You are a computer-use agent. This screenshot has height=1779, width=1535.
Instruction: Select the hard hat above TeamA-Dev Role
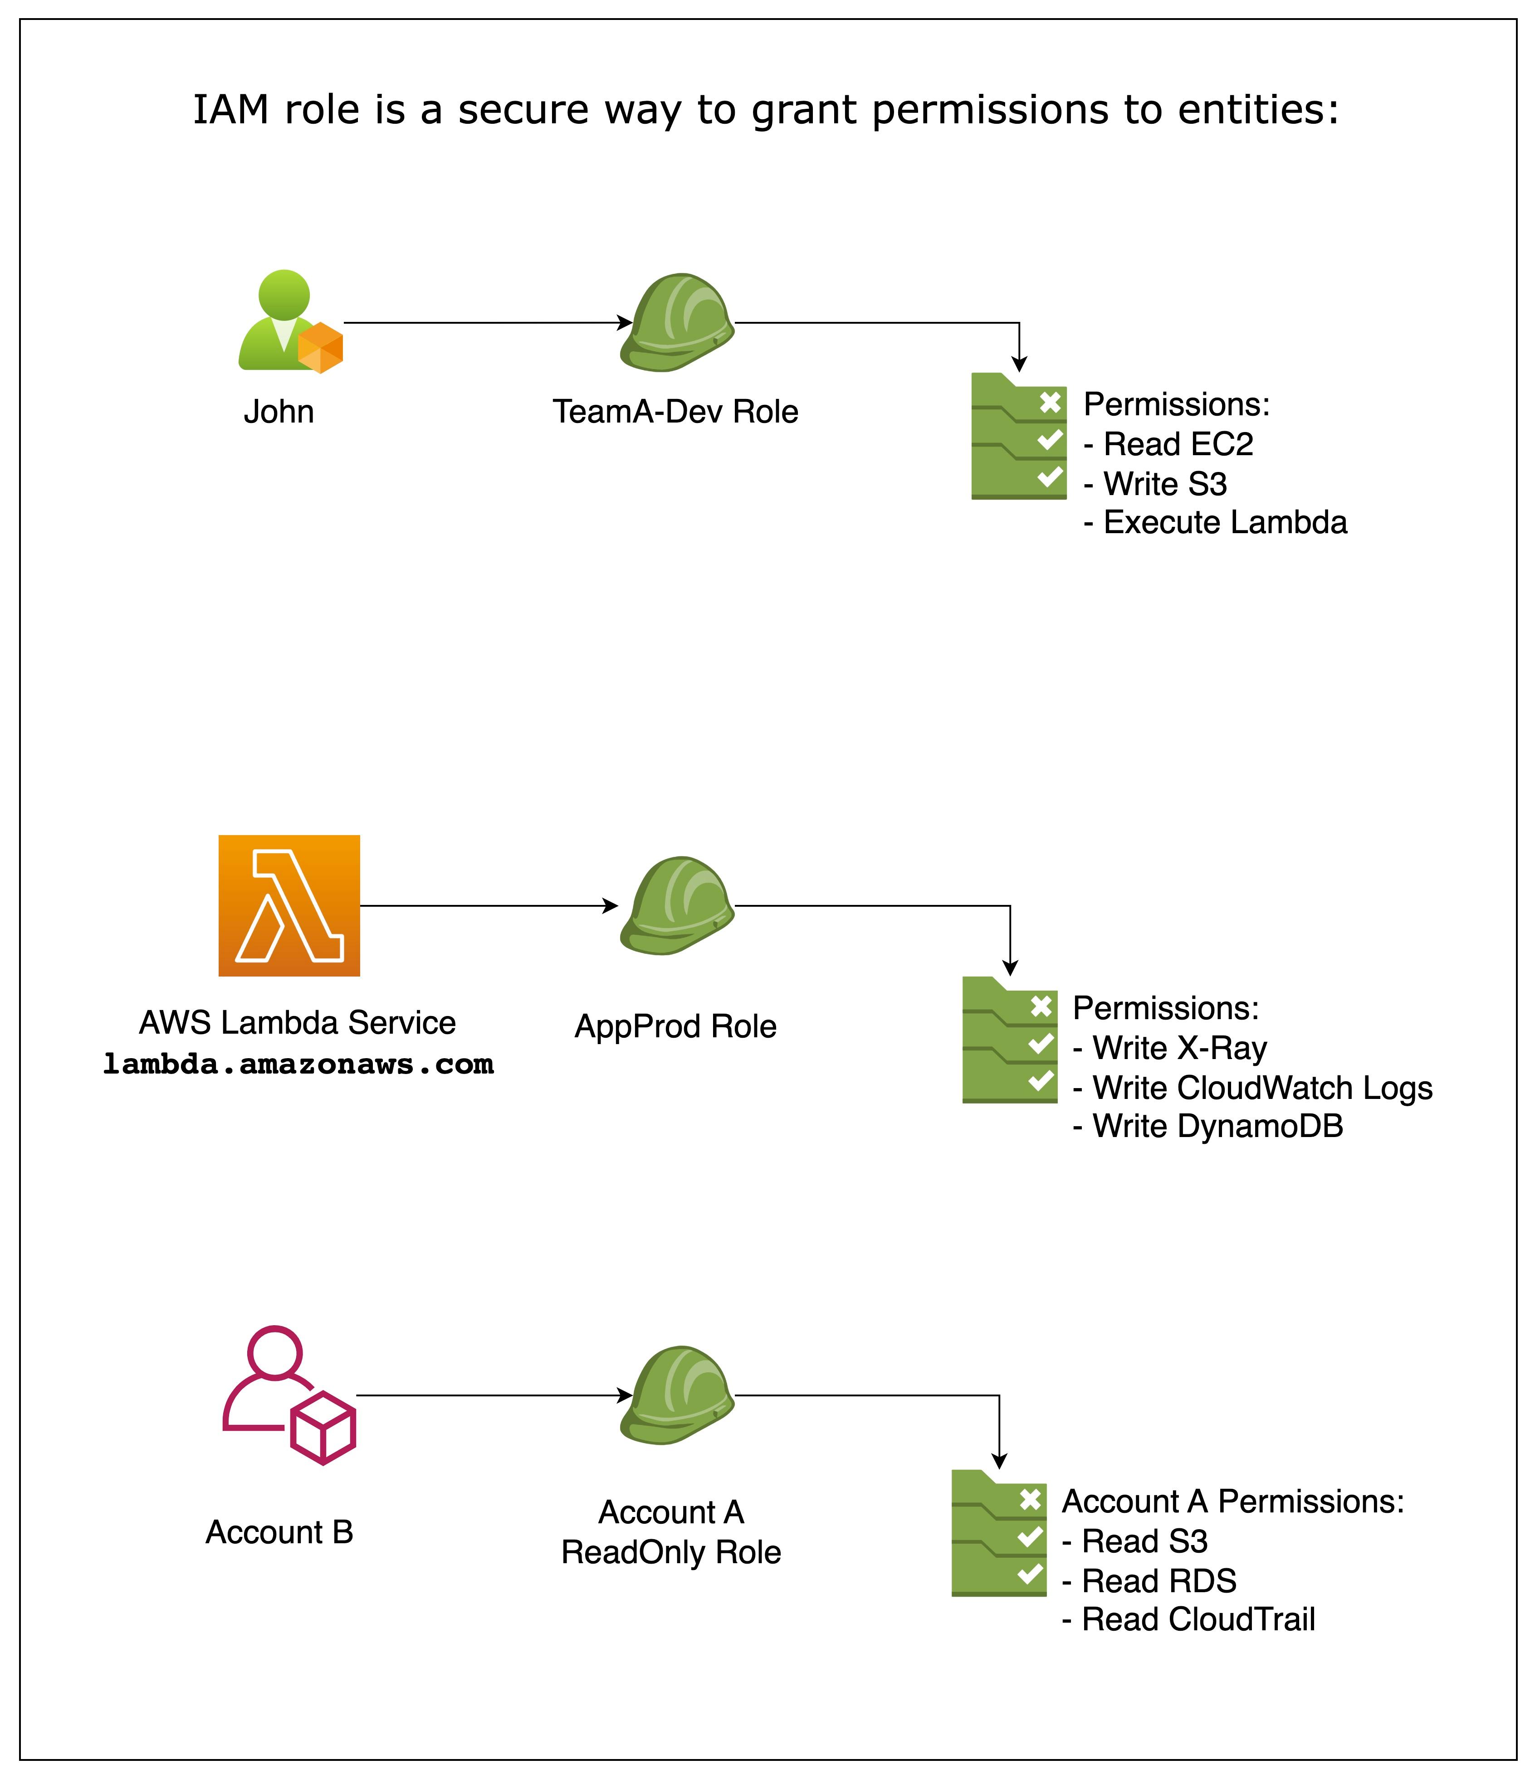tap(677, 323)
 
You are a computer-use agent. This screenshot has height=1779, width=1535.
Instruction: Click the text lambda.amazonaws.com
tap(298, 1064)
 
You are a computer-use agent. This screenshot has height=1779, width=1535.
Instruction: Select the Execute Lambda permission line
tap(1215, 522)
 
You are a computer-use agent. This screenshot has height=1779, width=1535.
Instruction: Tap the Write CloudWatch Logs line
tap(1251, 1088)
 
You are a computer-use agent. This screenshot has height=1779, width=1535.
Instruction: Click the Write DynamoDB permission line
tap(1207, 1127)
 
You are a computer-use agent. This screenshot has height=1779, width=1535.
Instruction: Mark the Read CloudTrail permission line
tap(1188, 1619)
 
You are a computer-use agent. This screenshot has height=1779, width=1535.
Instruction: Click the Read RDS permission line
tap(1149, 1581)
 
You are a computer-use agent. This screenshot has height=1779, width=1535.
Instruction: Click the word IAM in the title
tap(231, 110)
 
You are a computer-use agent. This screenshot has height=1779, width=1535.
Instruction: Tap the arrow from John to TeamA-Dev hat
tap(485, 323)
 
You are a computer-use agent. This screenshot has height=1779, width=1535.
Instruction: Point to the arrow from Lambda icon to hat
tap(485, 906)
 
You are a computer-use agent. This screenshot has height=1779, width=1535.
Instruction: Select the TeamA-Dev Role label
tap(675, 412)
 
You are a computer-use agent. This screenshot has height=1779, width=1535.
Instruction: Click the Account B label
tap(279, 1532)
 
